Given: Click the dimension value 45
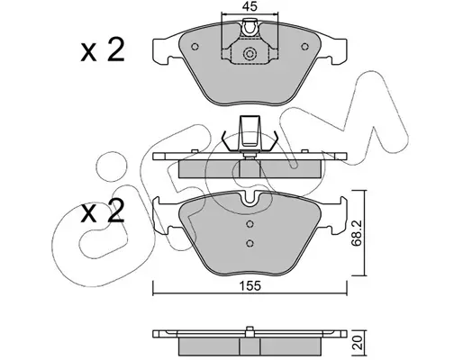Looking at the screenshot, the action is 250,6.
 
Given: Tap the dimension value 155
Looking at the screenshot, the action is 250,286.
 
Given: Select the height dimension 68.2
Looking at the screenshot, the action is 357,233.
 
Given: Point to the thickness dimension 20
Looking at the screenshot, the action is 358,342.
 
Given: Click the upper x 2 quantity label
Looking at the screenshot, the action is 103,50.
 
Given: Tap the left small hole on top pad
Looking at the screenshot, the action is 195,47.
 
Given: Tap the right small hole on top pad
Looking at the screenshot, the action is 304,47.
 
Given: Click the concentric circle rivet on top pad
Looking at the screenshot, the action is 250,54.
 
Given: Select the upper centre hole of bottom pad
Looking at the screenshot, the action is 250,224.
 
